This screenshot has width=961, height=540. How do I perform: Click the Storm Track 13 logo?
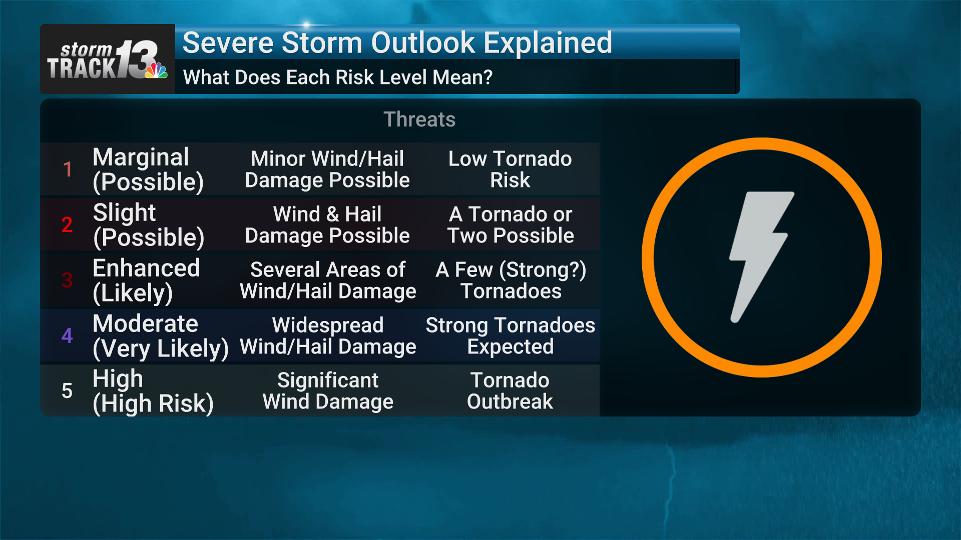coord(107,60)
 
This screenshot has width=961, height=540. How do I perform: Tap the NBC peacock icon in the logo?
coord(156,70)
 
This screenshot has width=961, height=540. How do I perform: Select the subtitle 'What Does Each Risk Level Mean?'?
coord(338,77)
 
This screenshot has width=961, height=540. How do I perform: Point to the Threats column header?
coord(419,119)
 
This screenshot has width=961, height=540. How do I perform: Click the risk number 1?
coord(68,169)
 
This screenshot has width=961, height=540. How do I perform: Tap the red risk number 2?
coord(67,225)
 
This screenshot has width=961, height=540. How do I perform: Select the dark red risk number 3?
coord(67,280)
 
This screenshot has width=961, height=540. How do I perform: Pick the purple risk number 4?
coord(67,335)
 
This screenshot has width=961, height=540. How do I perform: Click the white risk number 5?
coord(67,391)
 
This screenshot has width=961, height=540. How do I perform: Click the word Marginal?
coord(141,157)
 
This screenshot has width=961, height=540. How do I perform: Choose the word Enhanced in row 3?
coord(147,268)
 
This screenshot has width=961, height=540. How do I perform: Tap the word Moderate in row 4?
coord(146,323)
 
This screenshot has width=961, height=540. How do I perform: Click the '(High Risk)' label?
coord(153,404)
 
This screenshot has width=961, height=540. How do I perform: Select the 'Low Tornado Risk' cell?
coord(510,169)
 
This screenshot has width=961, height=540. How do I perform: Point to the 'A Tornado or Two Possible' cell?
coord(511,225)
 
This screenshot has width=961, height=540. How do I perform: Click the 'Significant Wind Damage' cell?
coord(328,391)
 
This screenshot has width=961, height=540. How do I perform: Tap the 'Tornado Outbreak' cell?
coord(510,391)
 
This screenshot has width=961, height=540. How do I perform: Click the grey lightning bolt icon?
coord(761,257)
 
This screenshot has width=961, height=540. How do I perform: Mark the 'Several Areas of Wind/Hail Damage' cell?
coord(328,280)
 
